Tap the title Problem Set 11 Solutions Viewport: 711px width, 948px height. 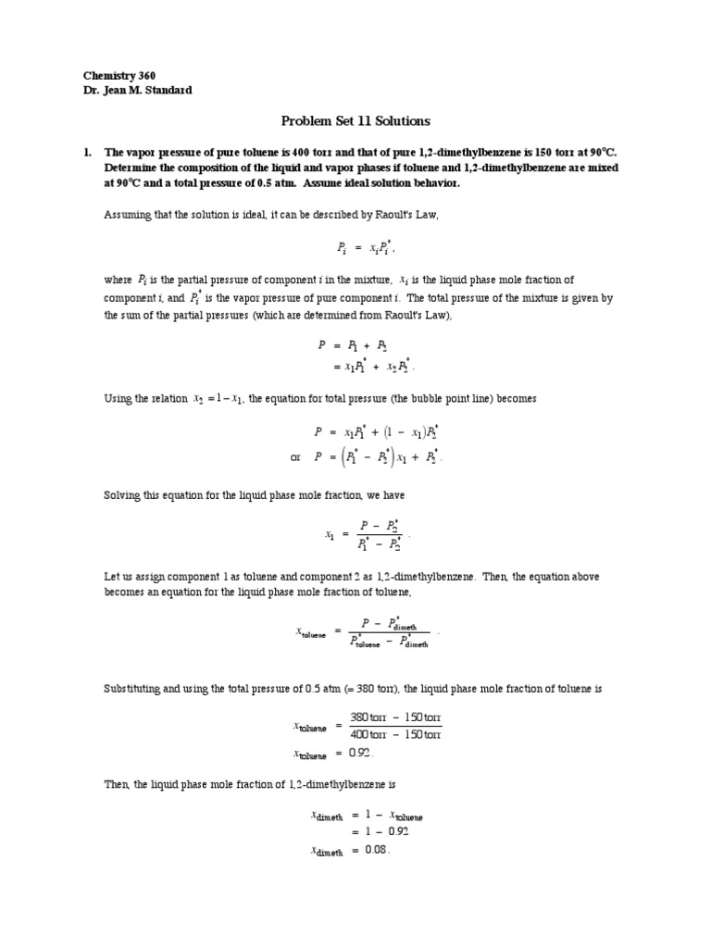355,120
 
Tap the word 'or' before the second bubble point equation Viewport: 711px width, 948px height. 296,457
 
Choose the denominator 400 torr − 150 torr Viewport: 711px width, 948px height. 395,734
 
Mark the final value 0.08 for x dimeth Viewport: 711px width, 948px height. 375,850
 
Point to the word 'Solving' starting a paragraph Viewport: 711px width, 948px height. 121,495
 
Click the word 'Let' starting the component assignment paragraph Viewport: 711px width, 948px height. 111,576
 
